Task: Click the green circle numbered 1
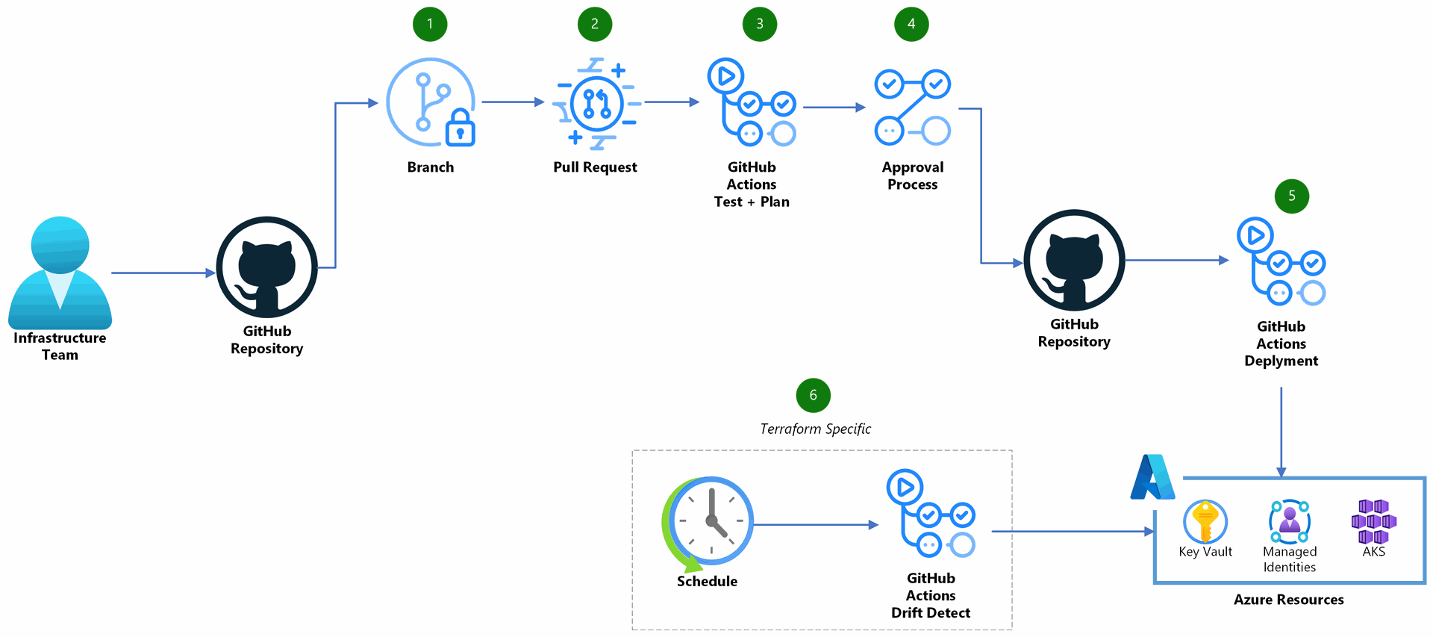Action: [430, 24]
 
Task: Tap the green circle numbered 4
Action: [911, 24]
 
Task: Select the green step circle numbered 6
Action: [813, 395]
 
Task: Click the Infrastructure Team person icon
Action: [60, 273]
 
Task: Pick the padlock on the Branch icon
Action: [460, 130]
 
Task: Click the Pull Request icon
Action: [596, 103]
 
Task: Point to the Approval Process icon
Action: [912, 108]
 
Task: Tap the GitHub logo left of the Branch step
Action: [266, 267]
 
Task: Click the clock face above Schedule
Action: [711, 521]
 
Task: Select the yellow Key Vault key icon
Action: [1205, 521]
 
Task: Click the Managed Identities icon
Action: [1289, 521]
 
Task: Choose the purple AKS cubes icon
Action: [1373, 521]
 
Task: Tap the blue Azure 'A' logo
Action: [1152, 477]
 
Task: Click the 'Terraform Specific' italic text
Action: [815, 429]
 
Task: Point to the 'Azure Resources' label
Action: [1288, 600]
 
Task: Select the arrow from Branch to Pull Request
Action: [513, 102]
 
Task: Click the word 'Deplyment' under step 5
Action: [1281, 361]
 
